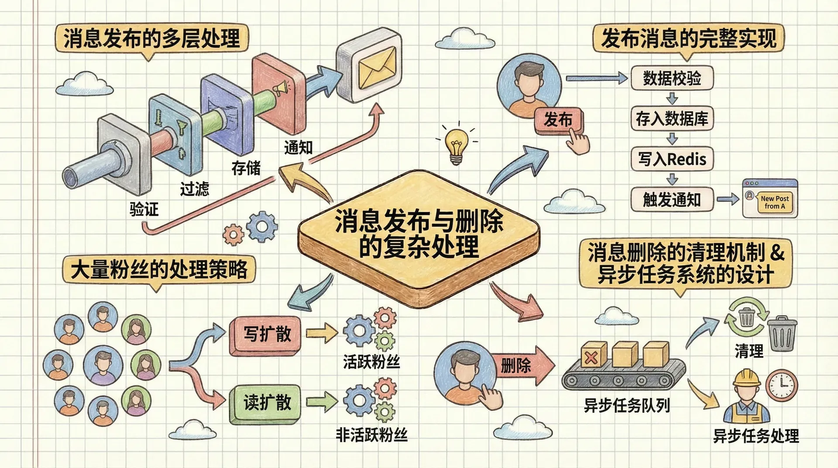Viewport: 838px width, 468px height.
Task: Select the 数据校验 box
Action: [x=672, y=78]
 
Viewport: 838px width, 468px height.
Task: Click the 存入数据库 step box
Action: [x=672, y=118]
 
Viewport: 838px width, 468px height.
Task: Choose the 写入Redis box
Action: [x=672, y=159]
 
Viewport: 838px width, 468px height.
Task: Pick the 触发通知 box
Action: [x=672, y=200]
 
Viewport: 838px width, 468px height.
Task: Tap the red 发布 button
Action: [x=558, y=120]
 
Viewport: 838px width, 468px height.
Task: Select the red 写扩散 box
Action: [x=266, y=335]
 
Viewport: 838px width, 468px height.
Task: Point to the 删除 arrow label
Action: [x=516, y=365]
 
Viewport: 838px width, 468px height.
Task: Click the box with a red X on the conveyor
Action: [x=593, y=355]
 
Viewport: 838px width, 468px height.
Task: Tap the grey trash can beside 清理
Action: [x=781, y=335]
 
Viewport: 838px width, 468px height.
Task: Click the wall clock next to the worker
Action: [x=781, y=385]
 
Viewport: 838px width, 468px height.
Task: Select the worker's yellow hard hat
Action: [x=746, y=378]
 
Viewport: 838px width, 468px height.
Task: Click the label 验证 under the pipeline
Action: [x=144, y=210]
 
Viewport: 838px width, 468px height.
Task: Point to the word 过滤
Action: [x=195, y=189]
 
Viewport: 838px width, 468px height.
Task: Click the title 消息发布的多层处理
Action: [x=151, y=38]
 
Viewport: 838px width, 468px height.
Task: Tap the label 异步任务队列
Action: [x=627, y=406]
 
